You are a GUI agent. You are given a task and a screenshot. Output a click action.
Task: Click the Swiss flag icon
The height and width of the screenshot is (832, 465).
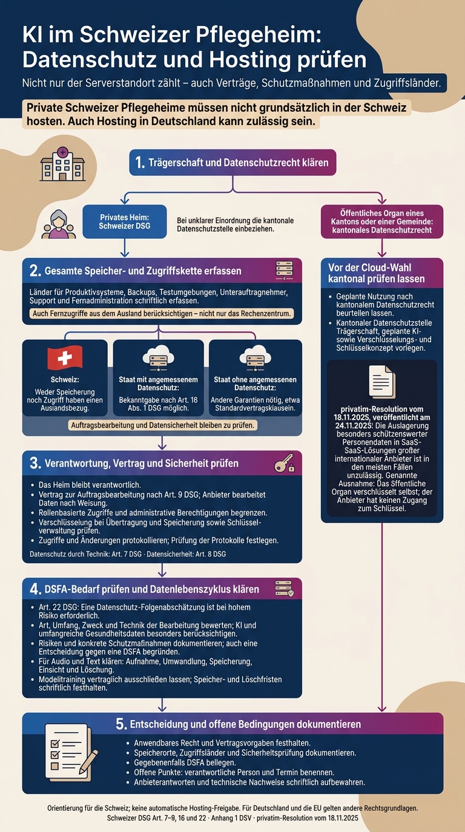click(x=65, y=358)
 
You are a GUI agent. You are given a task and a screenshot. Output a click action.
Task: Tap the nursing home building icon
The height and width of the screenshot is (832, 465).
click(x=62, y=164)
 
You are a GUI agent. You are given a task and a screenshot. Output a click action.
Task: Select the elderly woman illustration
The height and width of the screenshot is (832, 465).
click(x=58, y=224)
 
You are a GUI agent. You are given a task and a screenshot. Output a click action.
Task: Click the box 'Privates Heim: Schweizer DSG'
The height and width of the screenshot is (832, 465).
click(x=125, y=221)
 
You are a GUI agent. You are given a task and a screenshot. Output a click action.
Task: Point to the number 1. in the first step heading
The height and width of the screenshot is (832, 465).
click(x=140, y=162)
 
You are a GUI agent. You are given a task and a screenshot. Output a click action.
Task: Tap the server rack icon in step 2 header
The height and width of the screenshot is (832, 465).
click(x=285, y=270)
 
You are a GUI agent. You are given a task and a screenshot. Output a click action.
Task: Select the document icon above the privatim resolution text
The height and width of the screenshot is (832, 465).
click(x=382, y=382)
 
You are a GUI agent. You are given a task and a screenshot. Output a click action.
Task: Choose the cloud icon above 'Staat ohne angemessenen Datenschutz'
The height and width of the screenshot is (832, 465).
click(x=255, y=357)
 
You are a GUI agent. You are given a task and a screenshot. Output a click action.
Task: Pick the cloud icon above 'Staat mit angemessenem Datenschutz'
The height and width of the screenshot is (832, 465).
click(x=159, y=357)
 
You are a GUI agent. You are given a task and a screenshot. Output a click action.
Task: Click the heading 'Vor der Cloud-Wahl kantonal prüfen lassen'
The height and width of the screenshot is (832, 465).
click(x=377, y=273)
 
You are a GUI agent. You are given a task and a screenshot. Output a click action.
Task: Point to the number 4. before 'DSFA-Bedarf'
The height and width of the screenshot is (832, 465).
click(x=35, y=589)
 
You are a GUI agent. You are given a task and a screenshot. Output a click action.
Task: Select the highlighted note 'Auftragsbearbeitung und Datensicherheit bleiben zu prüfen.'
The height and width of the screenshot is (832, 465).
click(x=162, y=425)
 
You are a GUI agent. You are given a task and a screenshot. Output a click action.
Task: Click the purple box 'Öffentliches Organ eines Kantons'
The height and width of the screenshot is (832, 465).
click(x=382, y=221)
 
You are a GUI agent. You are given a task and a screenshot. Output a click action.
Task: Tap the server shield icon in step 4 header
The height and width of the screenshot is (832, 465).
click(x=285, y=589)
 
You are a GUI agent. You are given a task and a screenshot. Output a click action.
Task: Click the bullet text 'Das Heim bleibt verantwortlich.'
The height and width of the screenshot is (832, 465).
click(x=90, y=485)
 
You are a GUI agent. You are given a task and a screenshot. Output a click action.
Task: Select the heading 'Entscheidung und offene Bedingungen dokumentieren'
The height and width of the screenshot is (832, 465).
click(x=245, y=724)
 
